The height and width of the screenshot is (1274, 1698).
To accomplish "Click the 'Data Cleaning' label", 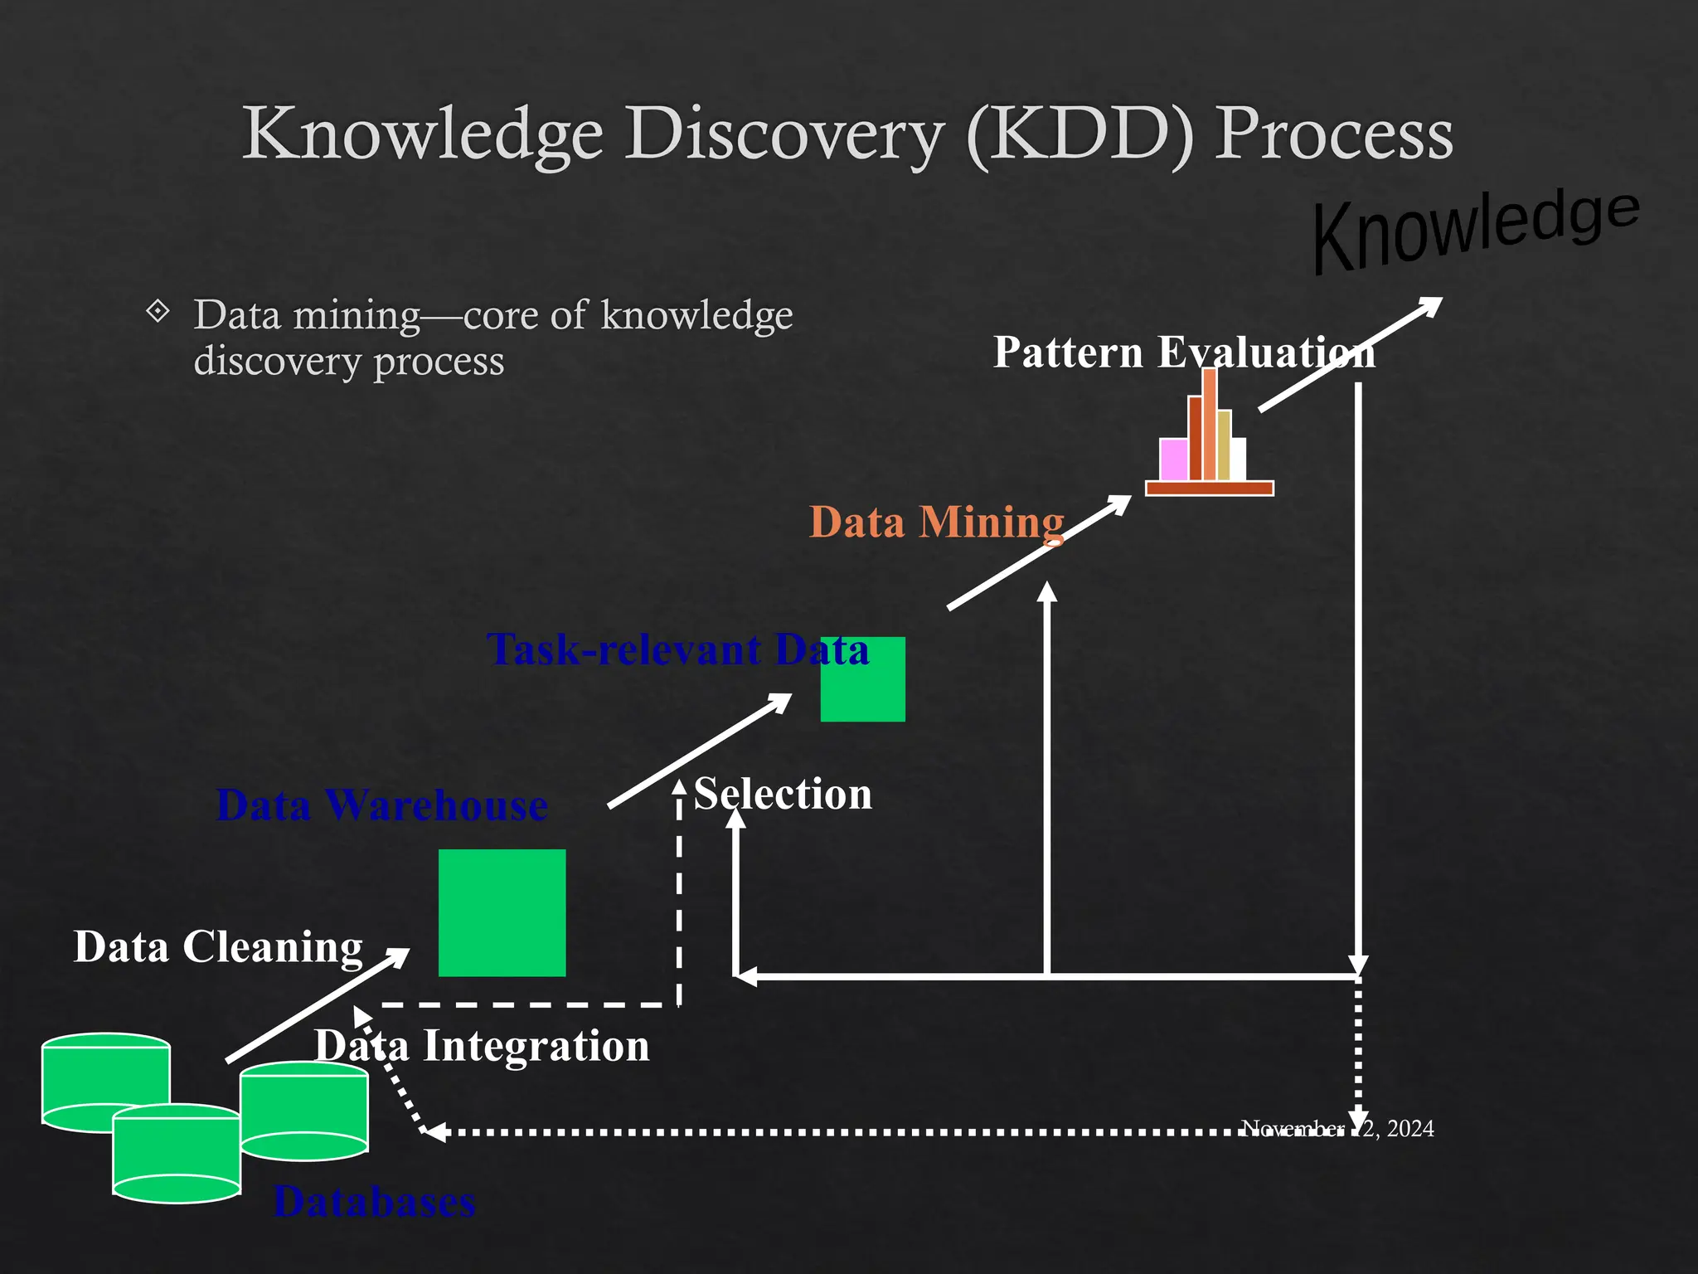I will click(218, 947).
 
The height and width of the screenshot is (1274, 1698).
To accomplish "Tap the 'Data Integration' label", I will click(482, 1046).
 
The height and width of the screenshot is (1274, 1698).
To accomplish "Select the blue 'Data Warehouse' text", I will click(381, 805).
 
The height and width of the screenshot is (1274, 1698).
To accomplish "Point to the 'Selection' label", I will click(783, 795).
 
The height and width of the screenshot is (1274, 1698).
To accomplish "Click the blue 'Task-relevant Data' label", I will click(677, 649).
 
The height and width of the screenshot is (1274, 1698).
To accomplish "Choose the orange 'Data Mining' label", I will click(937, 523).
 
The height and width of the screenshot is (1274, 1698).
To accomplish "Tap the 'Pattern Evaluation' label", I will click(1184, 353).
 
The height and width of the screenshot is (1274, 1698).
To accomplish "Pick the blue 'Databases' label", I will click(374, 1202).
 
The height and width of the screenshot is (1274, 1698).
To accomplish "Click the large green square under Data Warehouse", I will click(502, 912).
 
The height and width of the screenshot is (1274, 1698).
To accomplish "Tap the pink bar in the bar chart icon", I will click(1173, 460).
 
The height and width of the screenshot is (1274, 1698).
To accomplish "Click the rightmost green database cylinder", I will click(304, 1111).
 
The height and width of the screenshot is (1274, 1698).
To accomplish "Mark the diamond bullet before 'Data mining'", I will click(158, 313).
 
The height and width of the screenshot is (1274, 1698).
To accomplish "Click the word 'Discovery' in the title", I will click(784, 134).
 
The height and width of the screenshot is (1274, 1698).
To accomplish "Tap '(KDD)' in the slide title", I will click(1080, 134).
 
